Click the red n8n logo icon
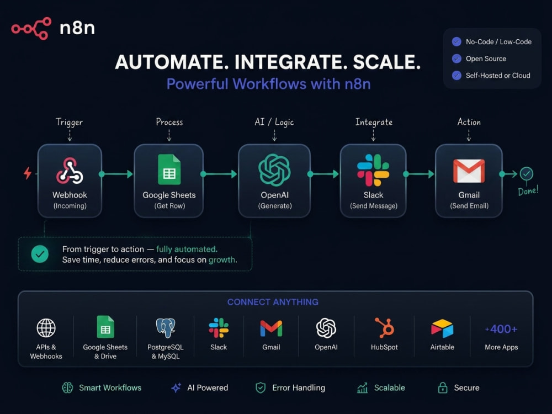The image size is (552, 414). [31, 28]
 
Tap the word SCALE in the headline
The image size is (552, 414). [386, 62]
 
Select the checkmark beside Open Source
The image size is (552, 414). [457, 59]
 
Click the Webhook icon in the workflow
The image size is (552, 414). [70, 171]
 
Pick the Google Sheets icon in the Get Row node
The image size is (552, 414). [169, 169]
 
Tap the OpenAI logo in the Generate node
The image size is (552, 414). [274, 169]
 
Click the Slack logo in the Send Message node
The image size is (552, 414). [373, 170]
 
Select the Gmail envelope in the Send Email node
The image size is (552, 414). [469, 171]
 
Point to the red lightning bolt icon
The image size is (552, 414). [28, 173]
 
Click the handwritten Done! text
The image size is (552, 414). [528, 191]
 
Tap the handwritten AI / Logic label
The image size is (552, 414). [274, 122]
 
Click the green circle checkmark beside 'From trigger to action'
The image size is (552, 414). [40, 254]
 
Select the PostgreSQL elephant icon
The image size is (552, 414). [166, 328]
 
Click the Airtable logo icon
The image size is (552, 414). [442, 328]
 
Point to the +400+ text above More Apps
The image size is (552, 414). [501, 329]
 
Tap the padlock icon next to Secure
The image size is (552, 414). [443, 388]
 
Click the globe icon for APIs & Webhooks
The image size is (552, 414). [46, 328]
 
